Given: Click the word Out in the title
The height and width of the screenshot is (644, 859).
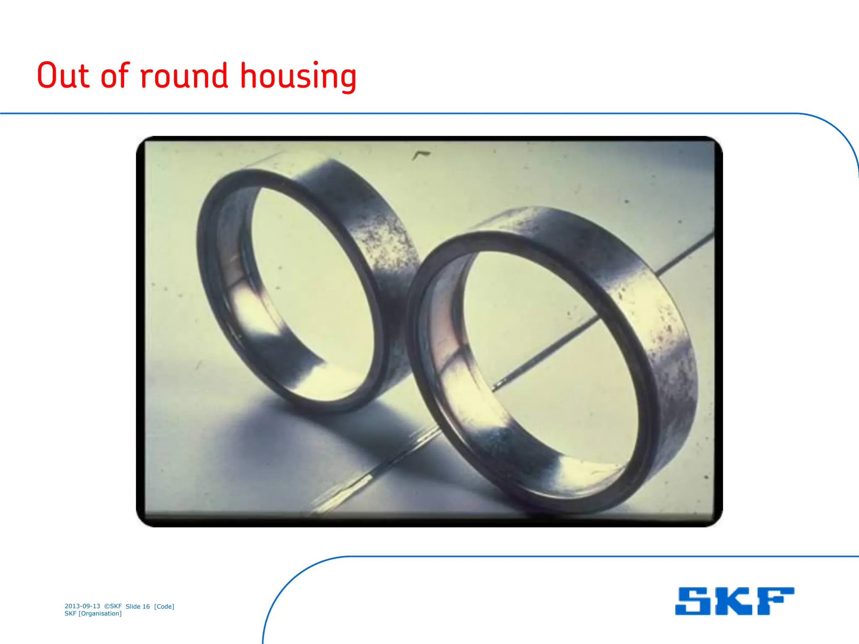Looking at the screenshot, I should click(63, 76).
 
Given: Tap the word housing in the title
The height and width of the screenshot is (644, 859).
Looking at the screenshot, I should click(298, 76).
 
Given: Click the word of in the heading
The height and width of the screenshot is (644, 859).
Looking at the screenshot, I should click(115, 76).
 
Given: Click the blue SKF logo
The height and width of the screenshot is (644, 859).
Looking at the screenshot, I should click(734, 601).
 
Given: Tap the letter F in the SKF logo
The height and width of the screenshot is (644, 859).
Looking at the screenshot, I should click(776, 601).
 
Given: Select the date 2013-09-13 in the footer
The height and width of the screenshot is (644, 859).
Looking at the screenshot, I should click(82, 606).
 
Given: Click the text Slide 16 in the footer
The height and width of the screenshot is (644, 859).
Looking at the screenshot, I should click(138, 606).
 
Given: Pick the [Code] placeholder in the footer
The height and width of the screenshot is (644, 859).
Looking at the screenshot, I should click(164, 606).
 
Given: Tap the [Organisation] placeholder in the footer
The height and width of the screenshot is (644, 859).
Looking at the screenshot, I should click(100, 613).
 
